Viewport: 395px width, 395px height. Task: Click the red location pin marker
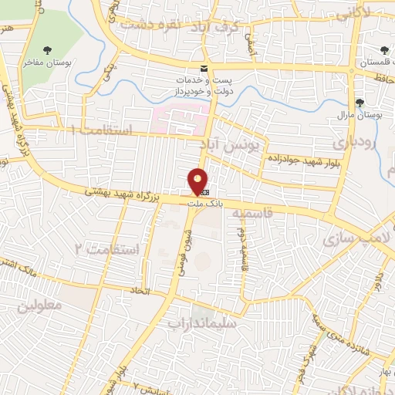pyautogui.click(x=198, y=181)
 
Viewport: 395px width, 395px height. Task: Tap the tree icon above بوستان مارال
pyautogui.click(x=360, y=102)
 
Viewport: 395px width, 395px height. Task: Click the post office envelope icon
pyautogui.click(x=204, y=67)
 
